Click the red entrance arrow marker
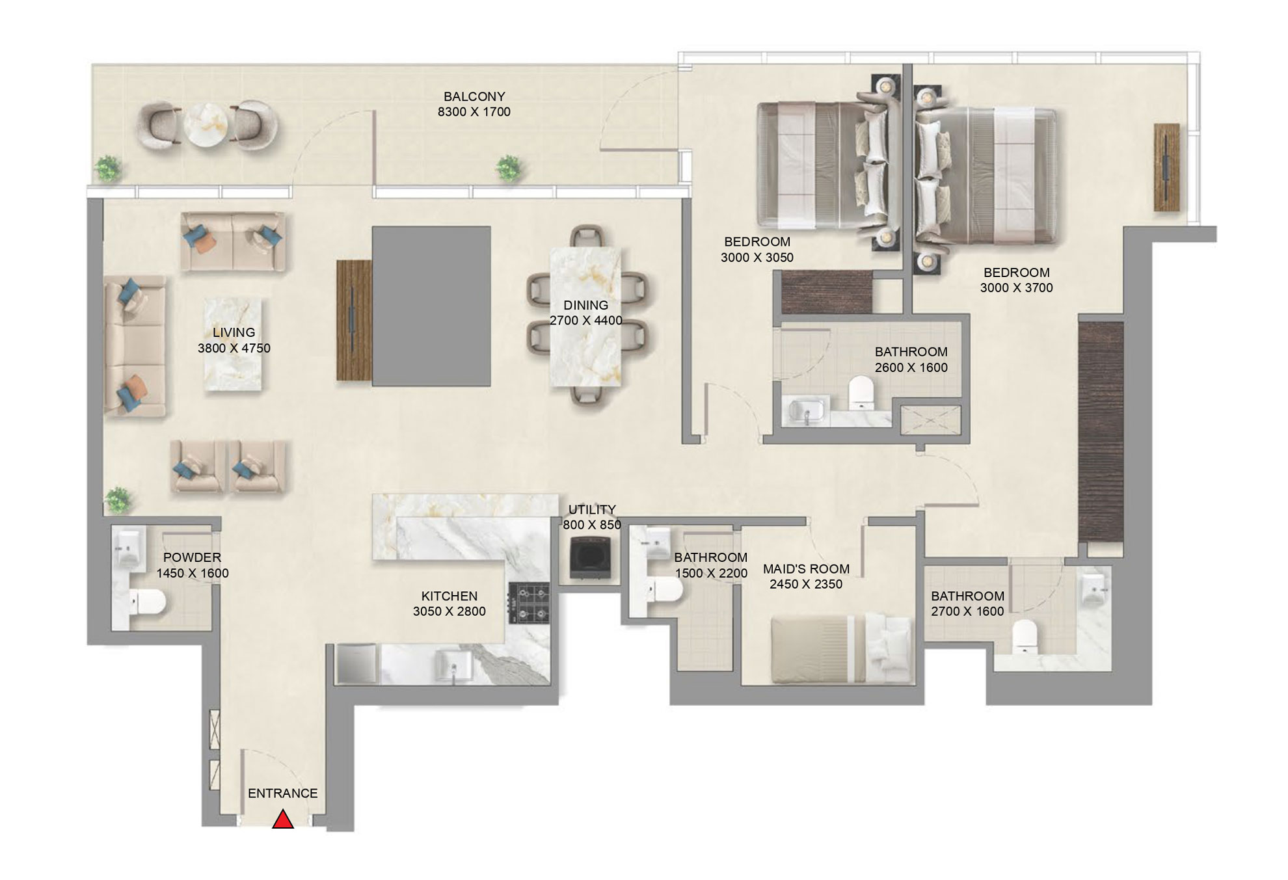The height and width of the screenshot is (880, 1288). [283, 820]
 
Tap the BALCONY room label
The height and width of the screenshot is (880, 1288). [474, 96]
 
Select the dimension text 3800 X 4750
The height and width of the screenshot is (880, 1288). [234, 348]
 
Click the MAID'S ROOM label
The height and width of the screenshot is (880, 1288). [806, 568]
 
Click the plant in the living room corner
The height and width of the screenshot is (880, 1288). [118, 500]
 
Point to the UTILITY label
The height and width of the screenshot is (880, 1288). [591, 509]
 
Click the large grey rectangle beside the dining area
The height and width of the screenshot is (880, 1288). [431, 306]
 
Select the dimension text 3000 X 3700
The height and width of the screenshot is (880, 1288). [1016, 287]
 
